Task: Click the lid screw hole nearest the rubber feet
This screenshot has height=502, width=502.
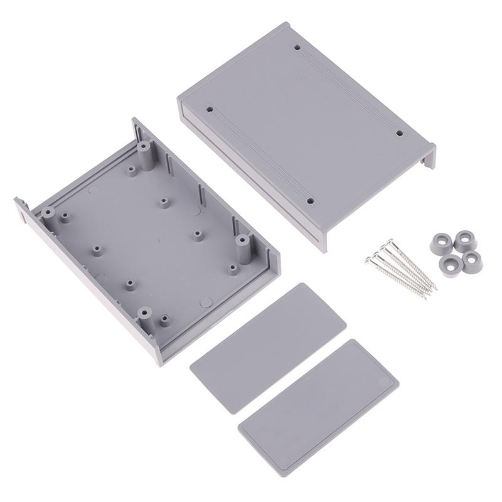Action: (398, 133)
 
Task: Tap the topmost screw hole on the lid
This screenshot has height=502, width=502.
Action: (297, 46)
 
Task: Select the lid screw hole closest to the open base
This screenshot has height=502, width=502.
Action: (210, 109)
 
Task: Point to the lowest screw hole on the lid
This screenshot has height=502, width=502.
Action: (310, 201)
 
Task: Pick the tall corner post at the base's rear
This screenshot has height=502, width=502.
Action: (145, 151)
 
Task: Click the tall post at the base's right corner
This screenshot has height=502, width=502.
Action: (240, 241)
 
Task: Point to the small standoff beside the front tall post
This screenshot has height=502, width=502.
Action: (164, 319)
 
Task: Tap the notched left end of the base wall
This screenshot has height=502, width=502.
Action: (21, 206)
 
